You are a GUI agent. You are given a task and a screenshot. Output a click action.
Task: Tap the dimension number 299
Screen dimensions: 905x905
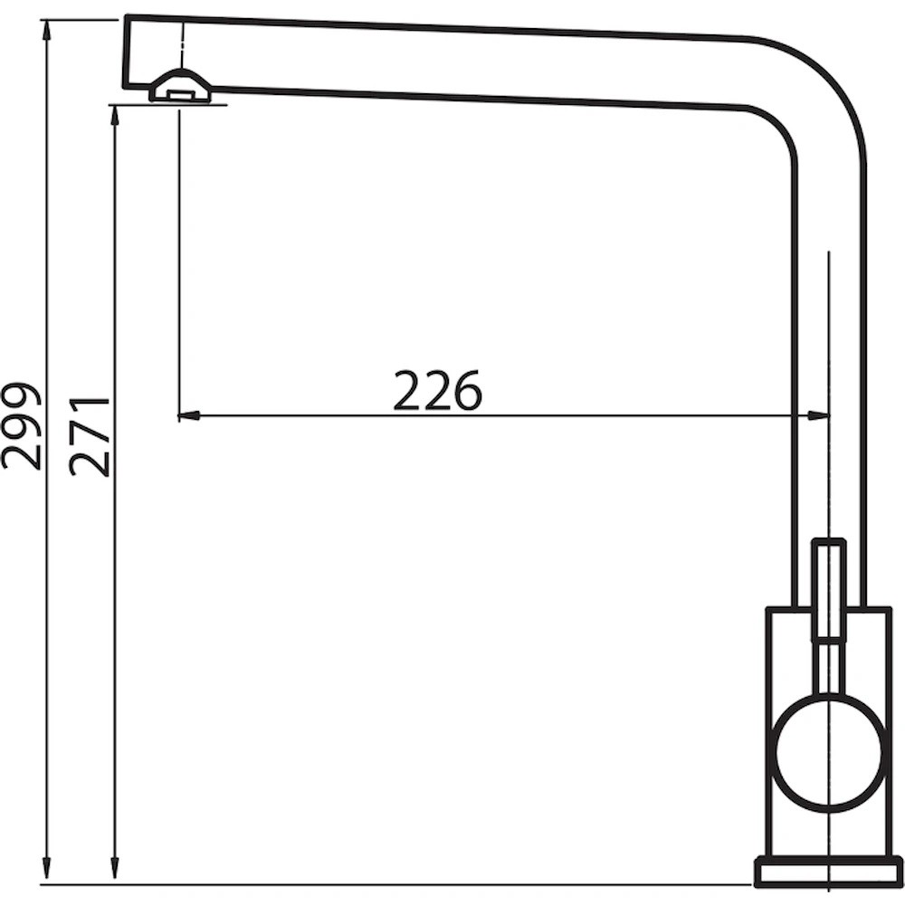click(x=22, y=424)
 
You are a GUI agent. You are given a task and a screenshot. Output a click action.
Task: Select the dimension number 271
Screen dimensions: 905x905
click(x=89, y=436)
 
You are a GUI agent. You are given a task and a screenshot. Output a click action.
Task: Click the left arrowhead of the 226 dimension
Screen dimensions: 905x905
click(x=188, y=414)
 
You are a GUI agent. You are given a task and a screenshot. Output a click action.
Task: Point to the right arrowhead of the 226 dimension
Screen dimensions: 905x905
click(x=818, y=414)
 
